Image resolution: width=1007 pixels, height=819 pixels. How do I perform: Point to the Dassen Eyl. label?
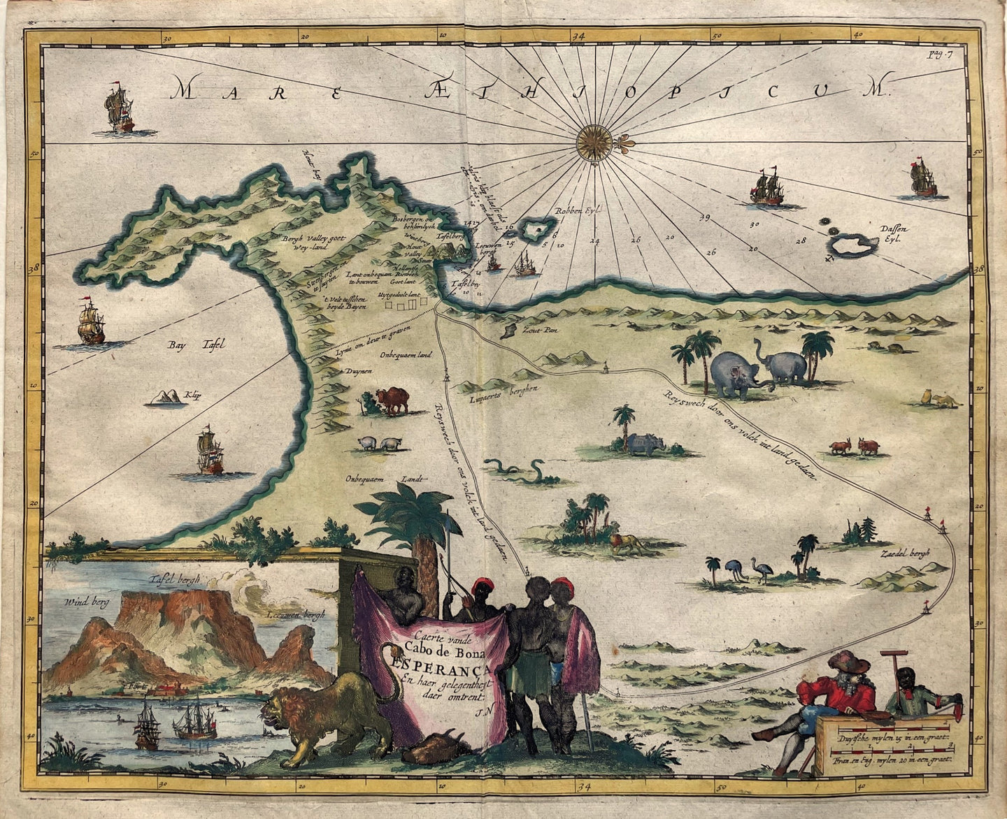893,233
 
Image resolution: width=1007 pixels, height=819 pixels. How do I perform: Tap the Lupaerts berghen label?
494,391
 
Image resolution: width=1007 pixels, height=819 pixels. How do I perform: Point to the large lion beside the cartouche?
329,716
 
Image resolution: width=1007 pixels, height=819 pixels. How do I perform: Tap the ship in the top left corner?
118,109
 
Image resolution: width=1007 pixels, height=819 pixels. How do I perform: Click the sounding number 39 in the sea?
704,218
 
